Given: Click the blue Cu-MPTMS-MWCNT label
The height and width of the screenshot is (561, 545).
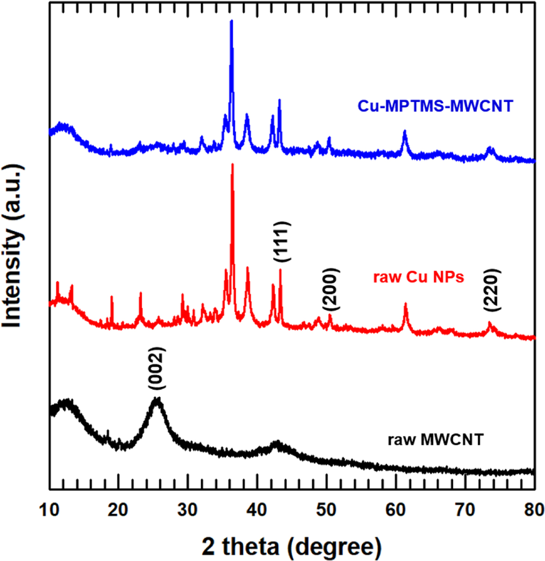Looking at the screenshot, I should click(x=435, y=106).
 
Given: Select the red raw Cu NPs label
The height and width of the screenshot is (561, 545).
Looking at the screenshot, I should click(x=418, y=277).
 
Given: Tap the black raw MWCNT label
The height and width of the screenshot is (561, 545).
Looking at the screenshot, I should click(x=436, y=439).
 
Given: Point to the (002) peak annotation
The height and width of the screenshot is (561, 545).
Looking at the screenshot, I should click(x=156, y=368).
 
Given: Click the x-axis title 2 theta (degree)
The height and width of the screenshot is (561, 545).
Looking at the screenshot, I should click(x=292, y=547).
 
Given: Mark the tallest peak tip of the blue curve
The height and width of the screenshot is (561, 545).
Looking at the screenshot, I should click(x=231, y=21).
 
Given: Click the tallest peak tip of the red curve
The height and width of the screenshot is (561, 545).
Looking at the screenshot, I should click(x=232, y=165).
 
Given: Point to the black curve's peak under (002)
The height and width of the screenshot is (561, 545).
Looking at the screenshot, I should click(x=157, y=398).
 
